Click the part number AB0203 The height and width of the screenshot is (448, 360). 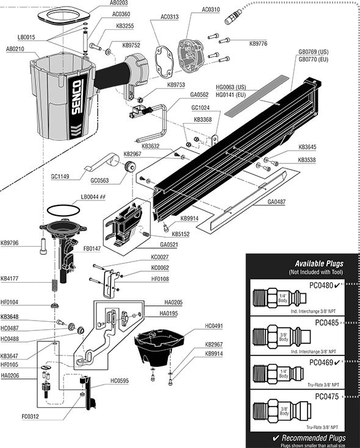point(120,4)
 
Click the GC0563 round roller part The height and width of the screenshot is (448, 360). point(128,167)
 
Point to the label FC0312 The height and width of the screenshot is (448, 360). point(31,417)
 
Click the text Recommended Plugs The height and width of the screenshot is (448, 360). point(309,438)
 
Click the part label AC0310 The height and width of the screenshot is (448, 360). point(212,10)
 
